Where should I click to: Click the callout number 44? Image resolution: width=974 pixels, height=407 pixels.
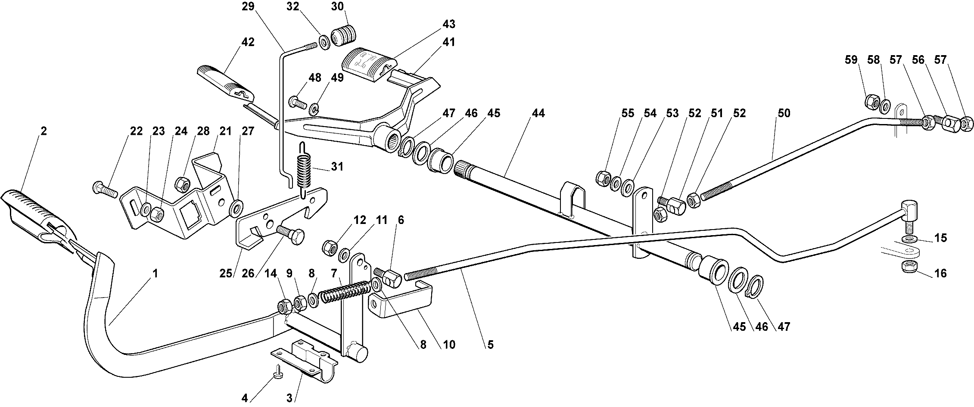(538, 113)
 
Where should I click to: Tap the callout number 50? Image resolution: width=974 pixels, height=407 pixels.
(784, 113)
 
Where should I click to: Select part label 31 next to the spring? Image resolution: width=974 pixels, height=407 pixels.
(336, 166)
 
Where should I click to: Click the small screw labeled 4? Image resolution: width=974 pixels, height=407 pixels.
(277, 369)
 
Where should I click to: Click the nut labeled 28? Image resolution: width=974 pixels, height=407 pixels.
(181, 183)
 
